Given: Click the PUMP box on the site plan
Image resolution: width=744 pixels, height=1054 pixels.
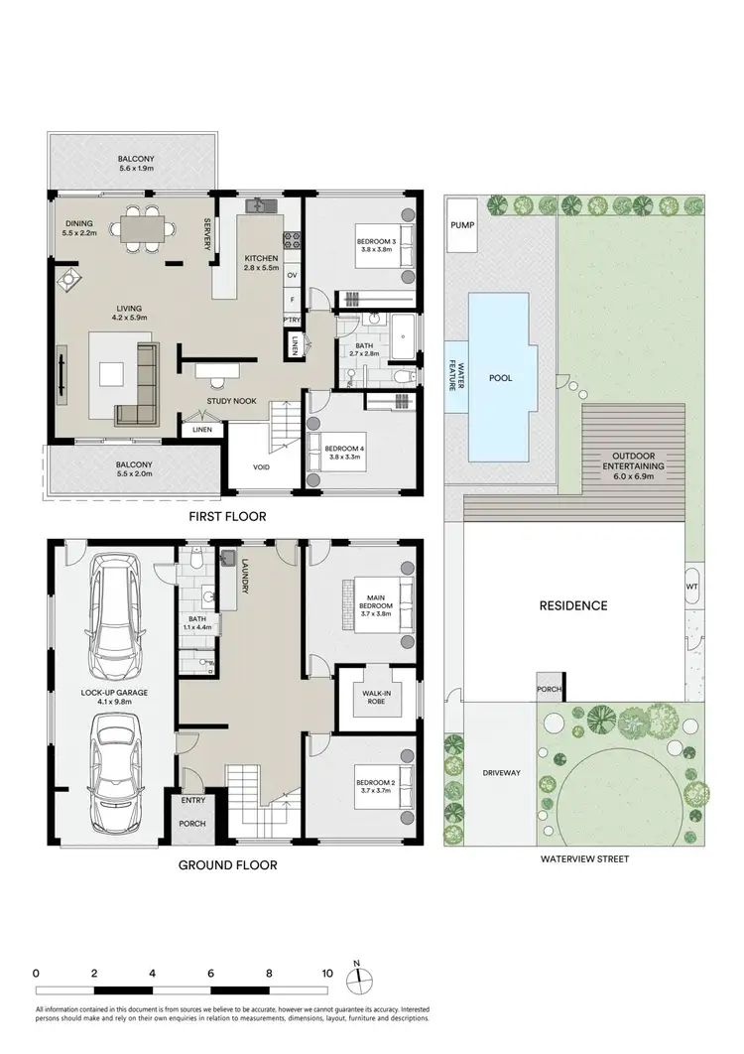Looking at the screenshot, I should (x=462, y=224).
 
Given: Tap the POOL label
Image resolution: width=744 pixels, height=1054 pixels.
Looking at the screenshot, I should (x=501, y=378).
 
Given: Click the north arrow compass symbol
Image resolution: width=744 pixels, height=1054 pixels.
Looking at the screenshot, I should (x=356, y=979).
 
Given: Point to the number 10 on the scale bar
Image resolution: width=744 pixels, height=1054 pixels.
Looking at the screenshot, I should (x=326, y=974).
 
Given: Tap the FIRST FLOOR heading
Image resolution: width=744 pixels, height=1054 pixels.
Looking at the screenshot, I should (x=229, y=517).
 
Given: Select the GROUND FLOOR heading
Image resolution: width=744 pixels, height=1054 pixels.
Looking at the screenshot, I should (x=227, y=864).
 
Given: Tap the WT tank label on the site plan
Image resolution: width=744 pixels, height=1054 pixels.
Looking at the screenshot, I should (x=691, y=586).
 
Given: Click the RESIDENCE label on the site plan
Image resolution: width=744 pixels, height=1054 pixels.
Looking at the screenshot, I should (x=572, y=605).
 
